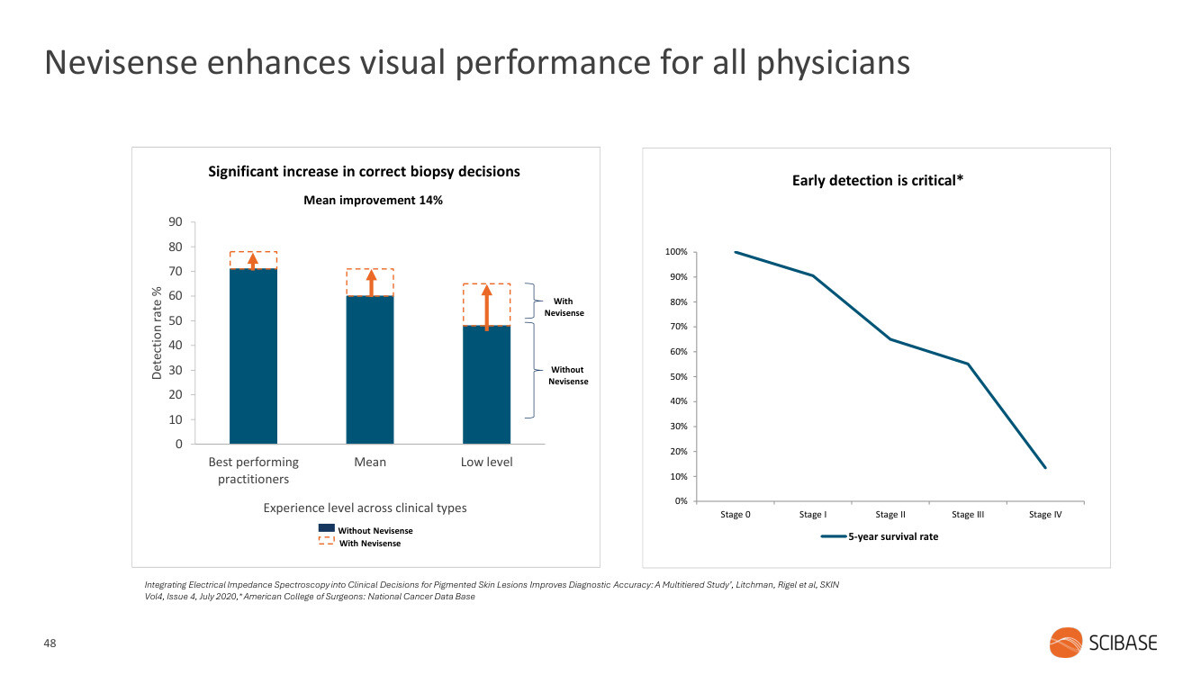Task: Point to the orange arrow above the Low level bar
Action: point(486,307)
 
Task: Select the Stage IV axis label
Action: point(1044,515)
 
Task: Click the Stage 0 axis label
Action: point(736,515)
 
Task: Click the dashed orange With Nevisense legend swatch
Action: point(326,543)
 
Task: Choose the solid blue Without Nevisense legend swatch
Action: point(326,529)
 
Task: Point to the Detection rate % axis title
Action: point(157,333)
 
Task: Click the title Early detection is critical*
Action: point(878,181)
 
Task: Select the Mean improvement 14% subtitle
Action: point(373,200)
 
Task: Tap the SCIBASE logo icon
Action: point(1066,643)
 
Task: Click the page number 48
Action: point(50,643)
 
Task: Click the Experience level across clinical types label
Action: point(365,508)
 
